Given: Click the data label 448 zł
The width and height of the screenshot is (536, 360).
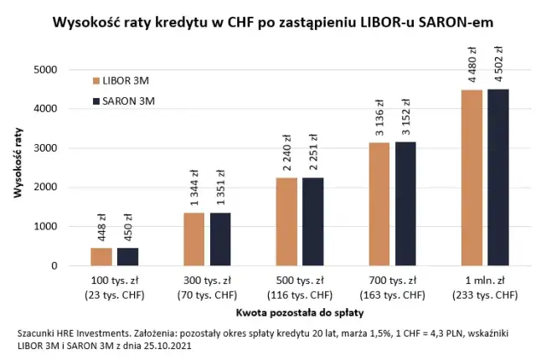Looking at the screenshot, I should coord(101,227).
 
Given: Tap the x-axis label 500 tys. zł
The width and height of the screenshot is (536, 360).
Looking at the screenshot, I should coord(300,279).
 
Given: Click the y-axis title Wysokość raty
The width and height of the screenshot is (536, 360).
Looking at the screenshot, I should coord(18,167).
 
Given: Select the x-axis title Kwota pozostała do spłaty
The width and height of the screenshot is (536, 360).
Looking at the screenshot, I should coord(299,312).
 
